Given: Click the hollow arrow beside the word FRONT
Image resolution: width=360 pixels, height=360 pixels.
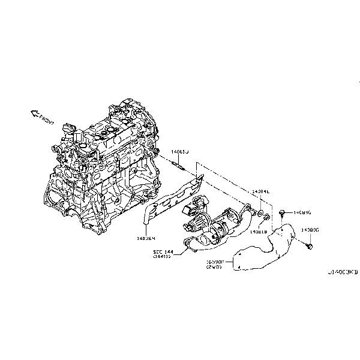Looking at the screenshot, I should pos(34,113).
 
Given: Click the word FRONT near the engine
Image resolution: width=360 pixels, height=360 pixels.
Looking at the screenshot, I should pos(47,121).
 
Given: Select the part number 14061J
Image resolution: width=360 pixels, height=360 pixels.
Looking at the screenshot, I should pos(179,152).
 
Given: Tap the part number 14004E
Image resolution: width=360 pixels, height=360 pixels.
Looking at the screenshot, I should pos(261,191).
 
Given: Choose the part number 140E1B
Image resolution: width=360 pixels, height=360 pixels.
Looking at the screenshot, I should pos(259,232).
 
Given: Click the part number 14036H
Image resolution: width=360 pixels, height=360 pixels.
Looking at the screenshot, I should pos(146,238).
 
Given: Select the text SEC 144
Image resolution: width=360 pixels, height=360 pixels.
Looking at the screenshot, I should pos(162,251).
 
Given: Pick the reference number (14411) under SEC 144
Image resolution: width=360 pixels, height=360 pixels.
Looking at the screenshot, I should pos(162,257).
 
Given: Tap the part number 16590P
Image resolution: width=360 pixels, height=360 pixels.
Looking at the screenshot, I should pos(215,262).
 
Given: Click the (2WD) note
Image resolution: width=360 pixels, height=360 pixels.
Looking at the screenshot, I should pos(215,268).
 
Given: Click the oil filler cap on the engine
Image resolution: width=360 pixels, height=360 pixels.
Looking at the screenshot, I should pos(68,128).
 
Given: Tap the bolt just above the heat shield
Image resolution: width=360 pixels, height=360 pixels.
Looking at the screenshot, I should pos(281,213).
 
